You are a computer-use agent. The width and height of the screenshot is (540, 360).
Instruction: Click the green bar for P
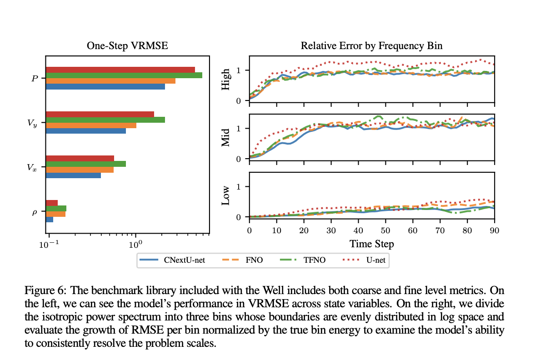(x=124, y=75)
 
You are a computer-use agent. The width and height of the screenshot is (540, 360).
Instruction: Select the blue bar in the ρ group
(x=50, y=220)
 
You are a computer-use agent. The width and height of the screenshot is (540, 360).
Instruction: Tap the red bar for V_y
(x=100, y=114)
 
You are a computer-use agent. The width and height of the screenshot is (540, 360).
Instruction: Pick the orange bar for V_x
(x=80, y=170)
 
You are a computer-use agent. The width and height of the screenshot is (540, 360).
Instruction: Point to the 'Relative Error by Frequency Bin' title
(x=371, y=46)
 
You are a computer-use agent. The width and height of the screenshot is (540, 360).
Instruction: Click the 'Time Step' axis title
(x=371, y=244)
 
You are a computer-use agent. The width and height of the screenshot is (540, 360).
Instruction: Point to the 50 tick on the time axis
(x=385, y=230)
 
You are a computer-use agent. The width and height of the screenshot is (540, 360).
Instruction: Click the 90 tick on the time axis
(x=495, y=230)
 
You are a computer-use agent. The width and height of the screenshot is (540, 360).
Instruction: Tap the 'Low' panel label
(x=226, y=195)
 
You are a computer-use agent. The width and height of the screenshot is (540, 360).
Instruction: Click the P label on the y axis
(x=35, y=78)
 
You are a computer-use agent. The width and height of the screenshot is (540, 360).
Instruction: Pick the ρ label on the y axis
(x=35, y=212)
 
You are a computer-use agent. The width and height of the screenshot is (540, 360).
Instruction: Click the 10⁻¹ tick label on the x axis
(x=47, y=244)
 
